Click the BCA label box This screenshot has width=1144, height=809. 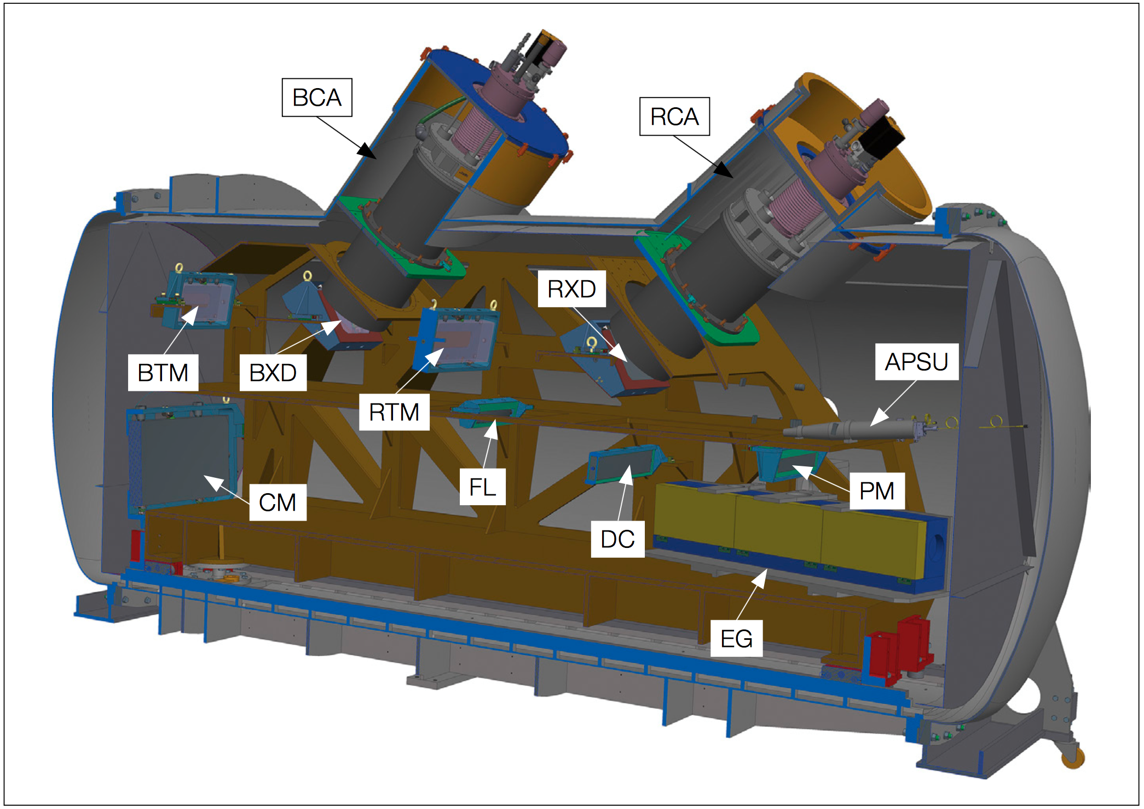[x=317, y=97]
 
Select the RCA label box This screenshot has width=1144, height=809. [x=674, y=117]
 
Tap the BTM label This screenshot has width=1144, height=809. [x=163, y=373]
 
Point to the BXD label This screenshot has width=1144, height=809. [x=273, y=373]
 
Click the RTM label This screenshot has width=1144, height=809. [x=394, y=412]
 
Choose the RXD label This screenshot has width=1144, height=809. [x=571, y=289]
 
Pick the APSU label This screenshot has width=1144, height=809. [x=917, y=362]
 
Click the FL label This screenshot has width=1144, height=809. [x=483, y=487]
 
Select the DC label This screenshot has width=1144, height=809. [x=617, y=539]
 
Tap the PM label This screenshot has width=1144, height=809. [x=877, y=491]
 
